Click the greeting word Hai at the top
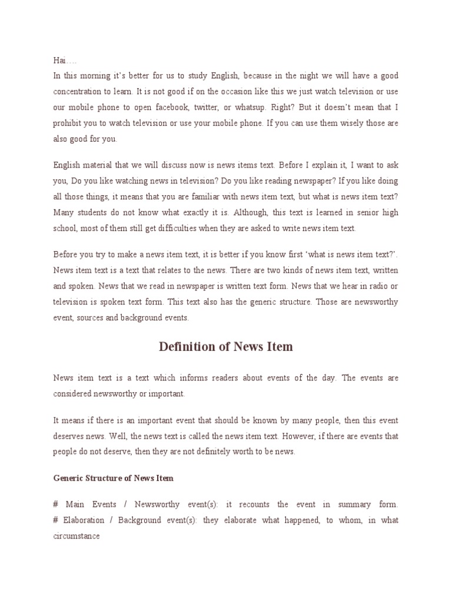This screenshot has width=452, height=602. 59,60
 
